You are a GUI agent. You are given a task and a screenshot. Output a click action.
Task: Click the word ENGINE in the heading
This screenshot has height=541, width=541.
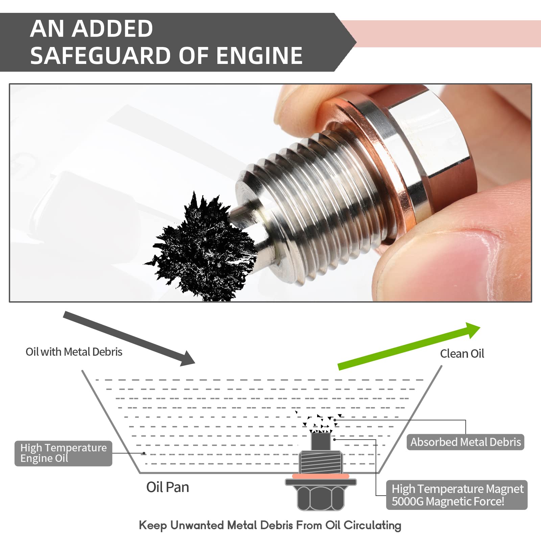click(x=259, y=56)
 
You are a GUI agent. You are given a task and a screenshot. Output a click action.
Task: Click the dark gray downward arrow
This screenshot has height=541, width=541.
click(x=128, y=338)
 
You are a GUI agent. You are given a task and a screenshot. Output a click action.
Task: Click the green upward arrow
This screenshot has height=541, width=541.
click(x=409, y=347)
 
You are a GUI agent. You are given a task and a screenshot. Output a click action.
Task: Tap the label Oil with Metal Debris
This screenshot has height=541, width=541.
click(x=74, y=352)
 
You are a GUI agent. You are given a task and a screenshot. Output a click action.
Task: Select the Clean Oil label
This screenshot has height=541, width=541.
click(x=462, y=354)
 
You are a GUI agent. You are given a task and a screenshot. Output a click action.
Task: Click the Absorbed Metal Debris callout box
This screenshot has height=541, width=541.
click(x=465, y=442)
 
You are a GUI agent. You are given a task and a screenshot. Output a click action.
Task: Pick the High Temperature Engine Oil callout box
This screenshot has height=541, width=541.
click(x=63, y=453)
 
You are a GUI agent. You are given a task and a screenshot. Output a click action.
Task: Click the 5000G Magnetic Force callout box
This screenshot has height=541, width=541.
click(x=457, y=495)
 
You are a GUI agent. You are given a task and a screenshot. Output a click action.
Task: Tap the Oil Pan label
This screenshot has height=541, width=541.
click(x=167, y=487)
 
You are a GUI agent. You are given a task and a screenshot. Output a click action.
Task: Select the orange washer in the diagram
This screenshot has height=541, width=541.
click(x=320, y=476)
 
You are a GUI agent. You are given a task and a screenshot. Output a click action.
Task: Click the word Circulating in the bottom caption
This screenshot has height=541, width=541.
click(x=372, y=525)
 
